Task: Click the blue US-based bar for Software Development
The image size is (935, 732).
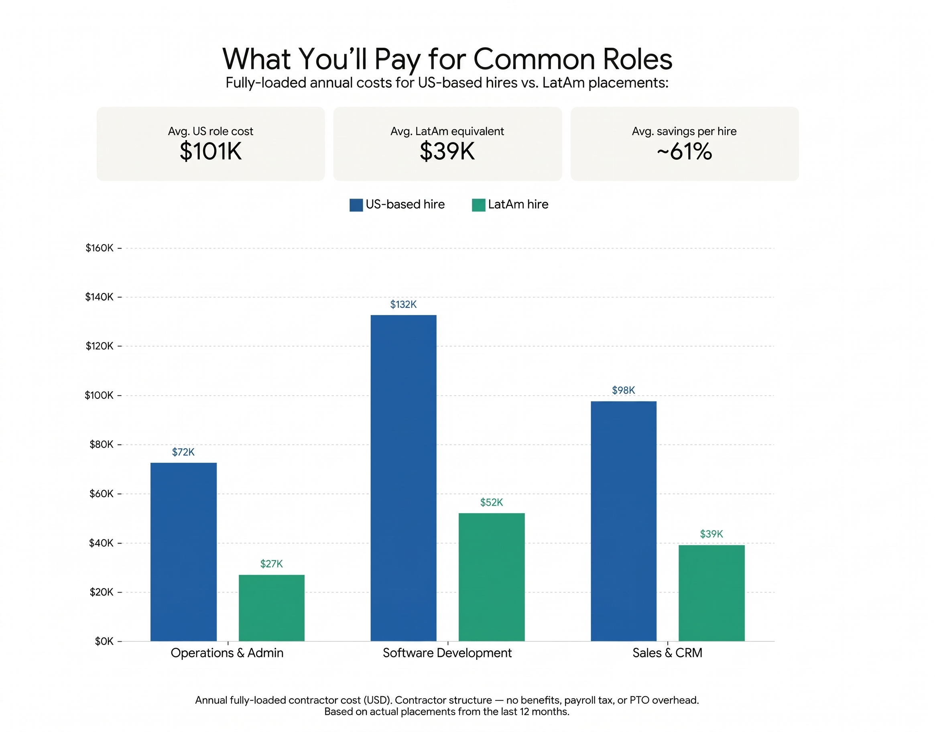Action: [x=403, y=478]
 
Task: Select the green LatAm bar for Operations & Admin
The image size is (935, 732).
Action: [x=271, y=608]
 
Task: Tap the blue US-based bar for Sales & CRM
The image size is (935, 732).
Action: [x=623, y=521]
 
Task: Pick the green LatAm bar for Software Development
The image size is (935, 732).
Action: [x=491, y=577]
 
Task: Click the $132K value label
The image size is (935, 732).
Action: [x=403, y=304]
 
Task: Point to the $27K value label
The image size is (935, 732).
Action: [x=271, y=563]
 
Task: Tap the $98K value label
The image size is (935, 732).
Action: [x=623, y=390]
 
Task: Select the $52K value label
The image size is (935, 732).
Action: [x=491, y=502]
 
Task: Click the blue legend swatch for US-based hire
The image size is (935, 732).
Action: [x=356, y=205]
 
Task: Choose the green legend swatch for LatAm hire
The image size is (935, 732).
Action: [x=478, y=205]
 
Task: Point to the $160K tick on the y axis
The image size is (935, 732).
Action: [x=100, y=248]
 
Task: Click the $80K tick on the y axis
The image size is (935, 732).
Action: [x=101, y=444]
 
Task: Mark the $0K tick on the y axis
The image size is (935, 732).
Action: [x=104, y=641]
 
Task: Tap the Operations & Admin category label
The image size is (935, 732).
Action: [x=227, y=653]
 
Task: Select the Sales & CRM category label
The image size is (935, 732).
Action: [x=667, y=653]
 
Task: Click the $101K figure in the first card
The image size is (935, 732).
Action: [x=210, y=151]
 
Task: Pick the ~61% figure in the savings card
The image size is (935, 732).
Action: [x=684, y=151]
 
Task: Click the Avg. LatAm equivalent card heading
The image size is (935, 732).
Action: [x=447, y=131]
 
